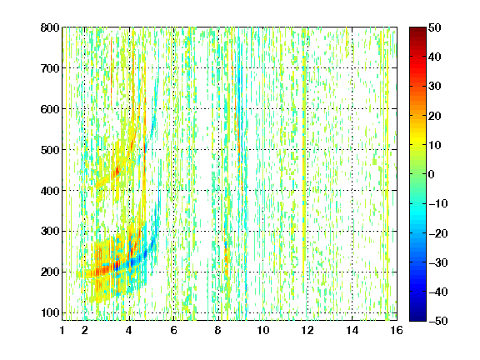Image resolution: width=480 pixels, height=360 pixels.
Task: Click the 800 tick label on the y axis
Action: click(x=50, y=27)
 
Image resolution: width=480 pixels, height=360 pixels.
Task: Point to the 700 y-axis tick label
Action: click(x=50, y=68)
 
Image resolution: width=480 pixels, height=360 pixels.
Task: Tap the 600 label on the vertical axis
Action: click(x=50, y=109)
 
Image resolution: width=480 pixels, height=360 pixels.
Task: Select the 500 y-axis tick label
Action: click(x=50, y=150)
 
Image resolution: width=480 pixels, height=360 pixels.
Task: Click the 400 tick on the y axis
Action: click(x=50, y=191)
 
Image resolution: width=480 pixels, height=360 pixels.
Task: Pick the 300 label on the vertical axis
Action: click(x=50, y=232)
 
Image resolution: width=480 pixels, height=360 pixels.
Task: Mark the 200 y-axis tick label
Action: click(x=50, y=272)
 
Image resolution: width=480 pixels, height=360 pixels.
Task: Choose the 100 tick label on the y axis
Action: click(x=50, y=312)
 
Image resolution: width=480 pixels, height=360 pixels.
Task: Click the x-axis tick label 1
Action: click(x=62, y=330)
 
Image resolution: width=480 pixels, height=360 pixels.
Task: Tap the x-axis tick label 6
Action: click(x=173, y=330)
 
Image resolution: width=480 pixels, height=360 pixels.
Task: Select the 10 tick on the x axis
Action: click(x=263, y=330)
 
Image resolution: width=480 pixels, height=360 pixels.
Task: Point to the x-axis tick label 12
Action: click(x=307, y=330)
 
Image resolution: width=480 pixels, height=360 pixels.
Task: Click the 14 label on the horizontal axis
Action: click(x=352, y=330)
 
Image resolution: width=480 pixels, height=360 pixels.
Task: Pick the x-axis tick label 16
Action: click(x=397, y=330)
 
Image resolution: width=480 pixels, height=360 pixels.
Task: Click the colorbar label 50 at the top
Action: click(x=434, y=27)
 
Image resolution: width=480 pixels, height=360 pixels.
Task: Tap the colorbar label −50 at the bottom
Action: click(x=438, y=321)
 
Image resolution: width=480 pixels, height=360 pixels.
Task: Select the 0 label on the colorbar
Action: click(x=432, y=174)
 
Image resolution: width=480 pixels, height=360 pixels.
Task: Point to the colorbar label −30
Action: click(x=438, y=262)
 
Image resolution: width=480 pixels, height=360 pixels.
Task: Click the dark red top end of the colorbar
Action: click(x=417, y=29)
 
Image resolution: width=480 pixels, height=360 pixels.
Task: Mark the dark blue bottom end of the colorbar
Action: click(x=417, y=318)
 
